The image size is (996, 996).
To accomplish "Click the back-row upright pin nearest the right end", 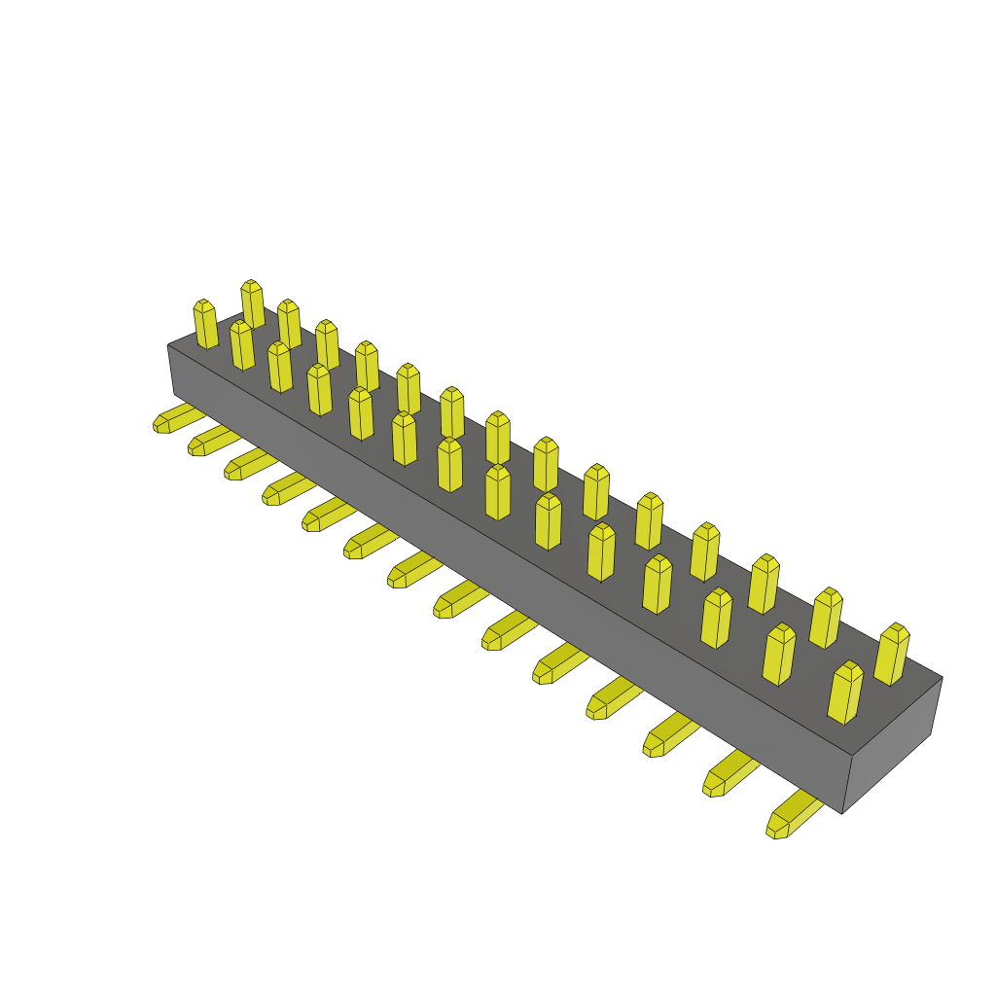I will click(x=892, y=655).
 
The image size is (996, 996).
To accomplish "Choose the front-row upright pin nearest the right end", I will click(x=844, y=693).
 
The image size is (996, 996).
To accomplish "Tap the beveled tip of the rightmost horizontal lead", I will click(x=777, y=828).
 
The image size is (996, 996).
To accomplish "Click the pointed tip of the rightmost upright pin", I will click(x=896, y=631).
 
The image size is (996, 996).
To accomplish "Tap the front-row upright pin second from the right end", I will click(x=778, y=655).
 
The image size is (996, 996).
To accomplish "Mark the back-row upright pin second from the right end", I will click(x=826, y=619).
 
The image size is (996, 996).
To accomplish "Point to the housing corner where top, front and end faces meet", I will click(x=853, y=755).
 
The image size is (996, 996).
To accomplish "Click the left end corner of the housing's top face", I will click(x=169, y=345).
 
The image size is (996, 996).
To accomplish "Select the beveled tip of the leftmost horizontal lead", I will click(x=161, y=424).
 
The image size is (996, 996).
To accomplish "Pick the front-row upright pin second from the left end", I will click(x=241, y=345).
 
